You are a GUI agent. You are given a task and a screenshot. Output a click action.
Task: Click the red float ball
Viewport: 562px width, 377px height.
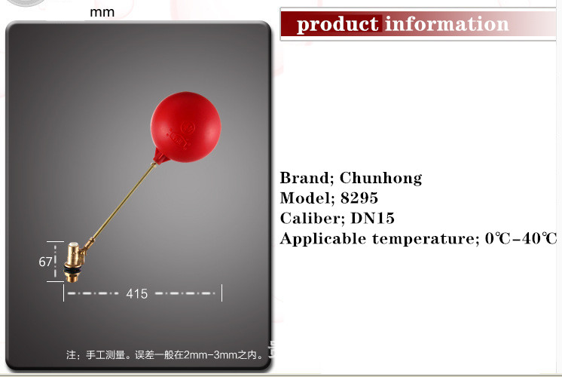point(185,127)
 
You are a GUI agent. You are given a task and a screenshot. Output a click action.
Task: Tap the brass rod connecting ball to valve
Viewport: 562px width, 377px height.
point(122,204)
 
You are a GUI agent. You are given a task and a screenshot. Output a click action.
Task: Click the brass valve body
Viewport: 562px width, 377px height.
point(75,262)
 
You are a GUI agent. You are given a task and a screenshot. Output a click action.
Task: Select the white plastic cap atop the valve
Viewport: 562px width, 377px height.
point(74,246)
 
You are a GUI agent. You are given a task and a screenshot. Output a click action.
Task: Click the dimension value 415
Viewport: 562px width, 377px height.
point(136,294)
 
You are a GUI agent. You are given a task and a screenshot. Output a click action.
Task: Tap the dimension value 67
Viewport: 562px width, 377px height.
point(45,262)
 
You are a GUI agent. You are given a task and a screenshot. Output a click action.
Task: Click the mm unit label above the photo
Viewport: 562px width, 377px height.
point(102,13)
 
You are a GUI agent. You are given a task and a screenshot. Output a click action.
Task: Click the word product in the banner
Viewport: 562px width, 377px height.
point(338,25)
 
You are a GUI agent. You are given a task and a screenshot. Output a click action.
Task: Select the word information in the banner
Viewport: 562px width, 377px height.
point(447,24)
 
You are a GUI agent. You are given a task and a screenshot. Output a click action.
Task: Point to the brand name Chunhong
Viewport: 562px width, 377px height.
point(380,178)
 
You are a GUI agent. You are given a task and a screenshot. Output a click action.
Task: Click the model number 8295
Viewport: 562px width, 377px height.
point(359,198)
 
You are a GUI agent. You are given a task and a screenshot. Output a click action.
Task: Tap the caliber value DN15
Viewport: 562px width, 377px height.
point(372,218)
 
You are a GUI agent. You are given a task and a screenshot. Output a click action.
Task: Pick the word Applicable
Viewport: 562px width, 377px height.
point(322,239)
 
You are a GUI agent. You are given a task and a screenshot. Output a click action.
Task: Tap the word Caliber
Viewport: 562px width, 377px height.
point(312,218)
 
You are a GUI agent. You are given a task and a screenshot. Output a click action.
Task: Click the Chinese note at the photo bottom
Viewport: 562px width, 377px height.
point(164,355)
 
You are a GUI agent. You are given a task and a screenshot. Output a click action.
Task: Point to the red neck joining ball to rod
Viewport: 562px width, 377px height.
point(159,157)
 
